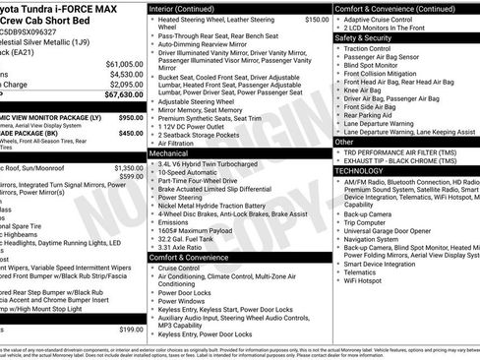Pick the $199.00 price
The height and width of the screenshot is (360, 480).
pos(130,329)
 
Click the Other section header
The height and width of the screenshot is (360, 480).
pos(345,142)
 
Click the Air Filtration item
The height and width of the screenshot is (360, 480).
pos(182,143)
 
